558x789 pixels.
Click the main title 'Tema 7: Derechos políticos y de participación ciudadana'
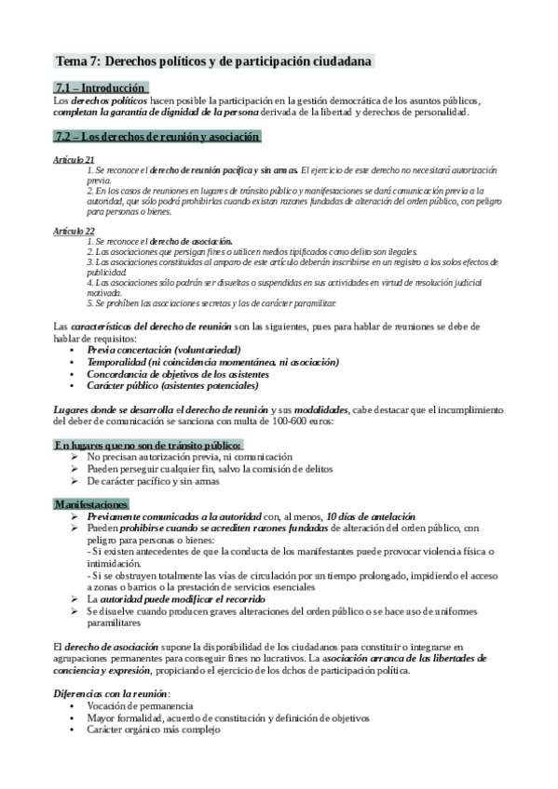pos(215,61)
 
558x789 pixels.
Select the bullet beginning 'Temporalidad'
pos(206,361)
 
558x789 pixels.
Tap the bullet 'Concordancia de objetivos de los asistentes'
pos(186,373)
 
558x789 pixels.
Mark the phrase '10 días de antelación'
pos(370,516)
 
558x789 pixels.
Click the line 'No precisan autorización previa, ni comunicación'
pos(189,457)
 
